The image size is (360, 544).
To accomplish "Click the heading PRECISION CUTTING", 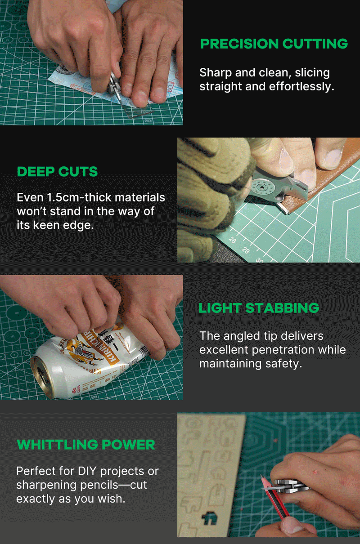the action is tap(274, 44).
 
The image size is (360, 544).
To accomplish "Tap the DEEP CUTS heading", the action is tap(57, 172).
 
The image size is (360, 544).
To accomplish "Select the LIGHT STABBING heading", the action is tap(259, 308).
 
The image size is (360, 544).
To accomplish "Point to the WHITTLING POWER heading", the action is tap(86, 445).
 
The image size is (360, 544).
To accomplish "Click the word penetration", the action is tap(283, 350).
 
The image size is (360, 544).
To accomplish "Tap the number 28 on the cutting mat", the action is tap(232, 240).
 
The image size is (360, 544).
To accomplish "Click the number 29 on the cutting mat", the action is tap(246, 250).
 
